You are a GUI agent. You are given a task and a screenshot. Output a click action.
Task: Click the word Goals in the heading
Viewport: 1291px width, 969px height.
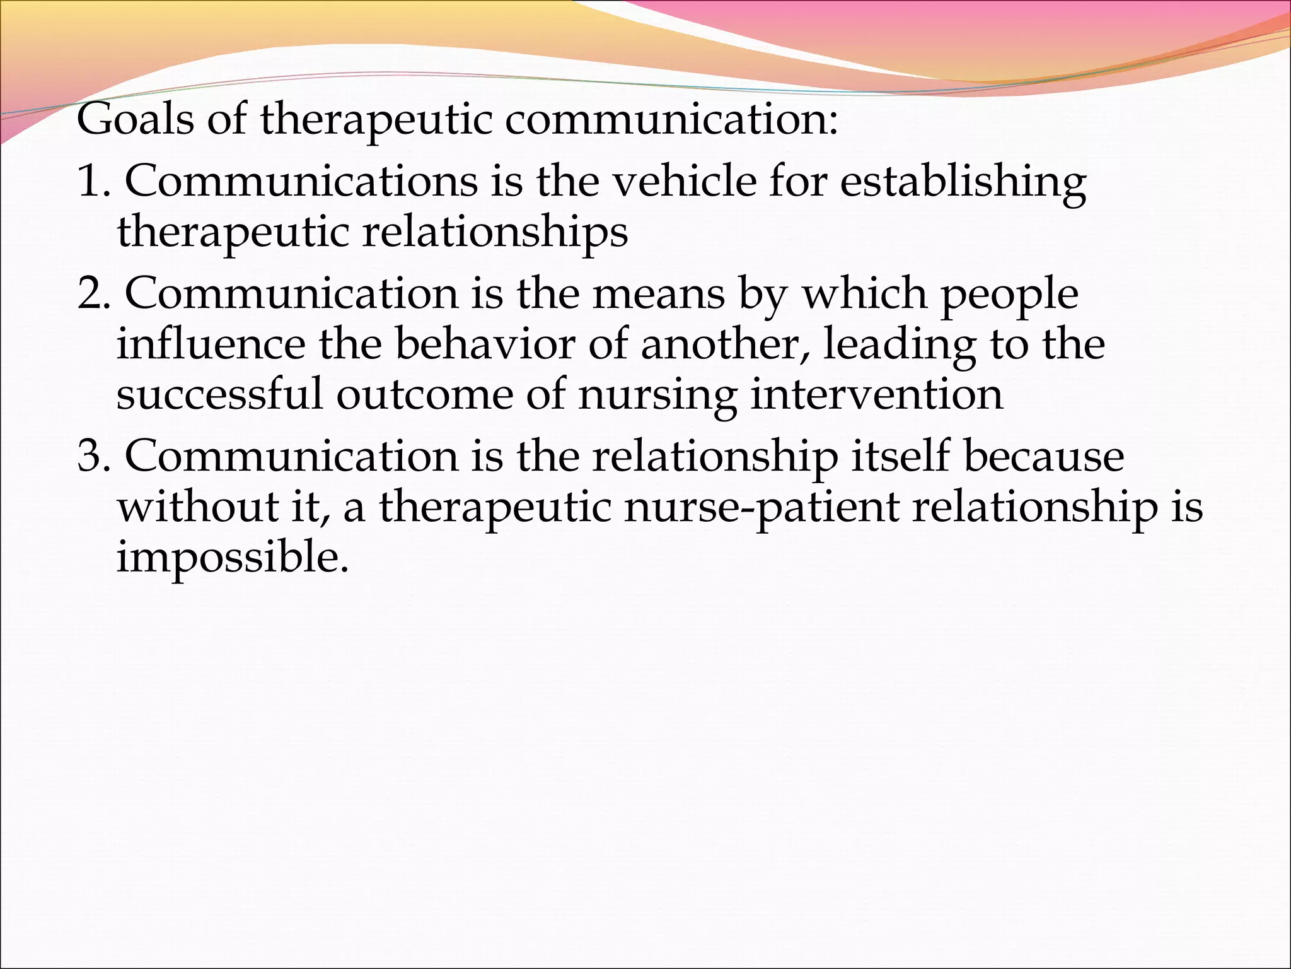pos(135,119)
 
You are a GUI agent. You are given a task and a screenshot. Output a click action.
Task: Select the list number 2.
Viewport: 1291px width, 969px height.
pos(91,293)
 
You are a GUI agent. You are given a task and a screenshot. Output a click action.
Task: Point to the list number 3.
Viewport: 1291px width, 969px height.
pos(91,456)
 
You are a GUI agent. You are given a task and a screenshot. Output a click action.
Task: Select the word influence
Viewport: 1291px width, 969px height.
pos(211,344)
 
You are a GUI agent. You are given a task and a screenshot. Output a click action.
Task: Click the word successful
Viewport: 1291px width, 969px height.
pos(219,394)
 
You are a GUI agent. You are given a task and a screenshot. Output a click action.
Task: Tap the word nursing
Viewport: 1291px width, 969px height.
pos(656,396)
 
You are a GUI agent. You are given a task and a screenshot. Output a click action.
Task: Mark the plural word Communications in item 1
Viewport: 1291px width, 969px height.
pos(301,181)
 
